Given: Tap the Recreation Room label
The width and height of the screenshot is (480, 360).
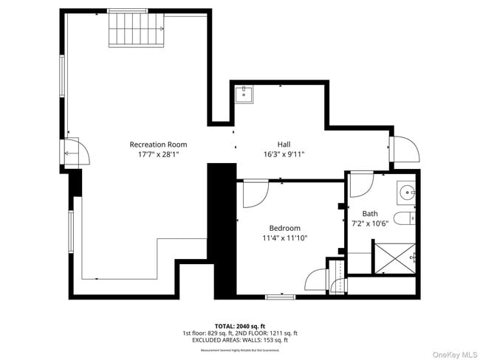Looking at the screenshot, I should (158, 145).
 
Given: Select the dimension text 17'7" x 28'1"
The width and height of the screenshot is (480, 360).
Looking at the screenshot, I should (158, 155).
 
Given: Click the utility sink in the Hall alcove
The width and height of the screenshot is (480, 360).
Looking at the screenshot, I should (244, 94).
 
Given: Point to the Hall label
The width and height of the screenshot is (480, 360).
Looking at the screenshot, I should (284, 145).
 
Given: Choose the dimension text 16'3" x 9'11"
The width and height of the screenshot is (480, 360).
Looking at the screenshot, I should (284, 155).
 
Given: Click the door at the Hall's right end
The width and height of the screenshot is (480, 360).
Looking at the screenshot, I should (405, 150).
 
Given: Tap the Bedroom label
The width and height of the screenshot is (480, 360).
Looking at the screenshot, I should (284, 228).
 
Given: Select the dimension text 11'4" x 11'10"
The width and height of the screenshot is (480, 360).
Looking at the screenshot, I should (284, 238).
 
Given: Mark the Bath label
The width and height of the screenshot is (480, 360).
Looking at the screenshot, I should (369, 213).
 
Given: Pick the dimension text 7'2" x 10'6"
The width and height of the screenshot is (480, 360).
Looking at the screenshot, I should (369, 223).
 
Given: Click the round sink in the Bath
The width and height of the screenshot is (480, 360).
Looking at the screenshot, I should (408, 192).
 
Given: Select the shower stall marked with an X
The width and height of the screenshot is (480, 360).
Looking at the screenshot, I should (396, 257).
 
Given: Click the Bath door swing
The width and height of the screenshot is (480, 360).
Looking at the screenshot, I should (361, 184).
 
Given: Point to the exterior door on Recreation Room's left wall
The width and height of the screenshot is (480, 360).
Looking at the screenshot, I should (76, 152).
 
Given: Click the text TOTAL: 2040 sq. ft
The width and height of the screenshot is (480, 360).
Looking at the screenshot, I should (239, 325).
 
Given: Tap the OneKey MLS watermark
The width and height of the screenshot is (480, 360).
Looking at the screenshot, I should (448, 352).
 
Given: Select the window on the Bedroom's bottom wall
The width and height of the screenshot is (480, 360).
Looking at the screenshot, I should (281, 297).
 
